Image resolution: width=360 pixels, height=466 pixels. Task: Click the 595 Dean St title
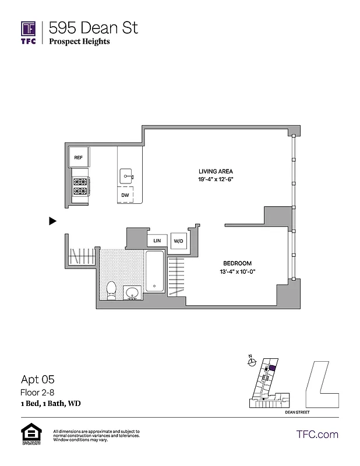[x=94, y=27]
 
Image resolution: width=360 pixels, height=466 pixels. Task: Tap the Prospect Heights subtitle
[x=79, y=41]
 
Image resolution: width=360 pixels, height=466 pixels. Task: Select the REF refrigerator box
[x=79, y=157]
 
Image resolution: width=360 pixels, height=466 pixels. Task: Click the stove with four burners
[x=79, y=186]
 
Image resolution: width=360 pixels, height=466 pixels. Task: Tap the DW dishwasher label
[x=125, y=195]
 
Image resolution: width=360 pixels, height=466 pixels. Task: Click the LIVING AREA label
[x=216, y=171]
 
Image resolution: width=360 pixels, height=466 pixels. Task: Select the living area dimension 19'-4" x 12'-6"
[x=216, y=179]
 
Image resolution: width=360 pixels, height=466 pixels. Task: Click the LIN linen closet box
[x=157, y=240]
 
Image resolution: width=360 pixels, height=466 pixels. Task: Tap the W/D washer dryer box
[x=177, y=240]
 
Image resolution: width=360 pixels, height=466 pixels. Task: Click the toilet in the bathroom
[x=112, y=289]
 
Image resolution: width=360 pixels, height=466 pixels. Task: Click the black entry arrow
[x=52, y=221]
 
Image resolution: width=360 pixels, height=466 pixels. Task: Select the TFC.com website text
[x=317, y=434]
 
